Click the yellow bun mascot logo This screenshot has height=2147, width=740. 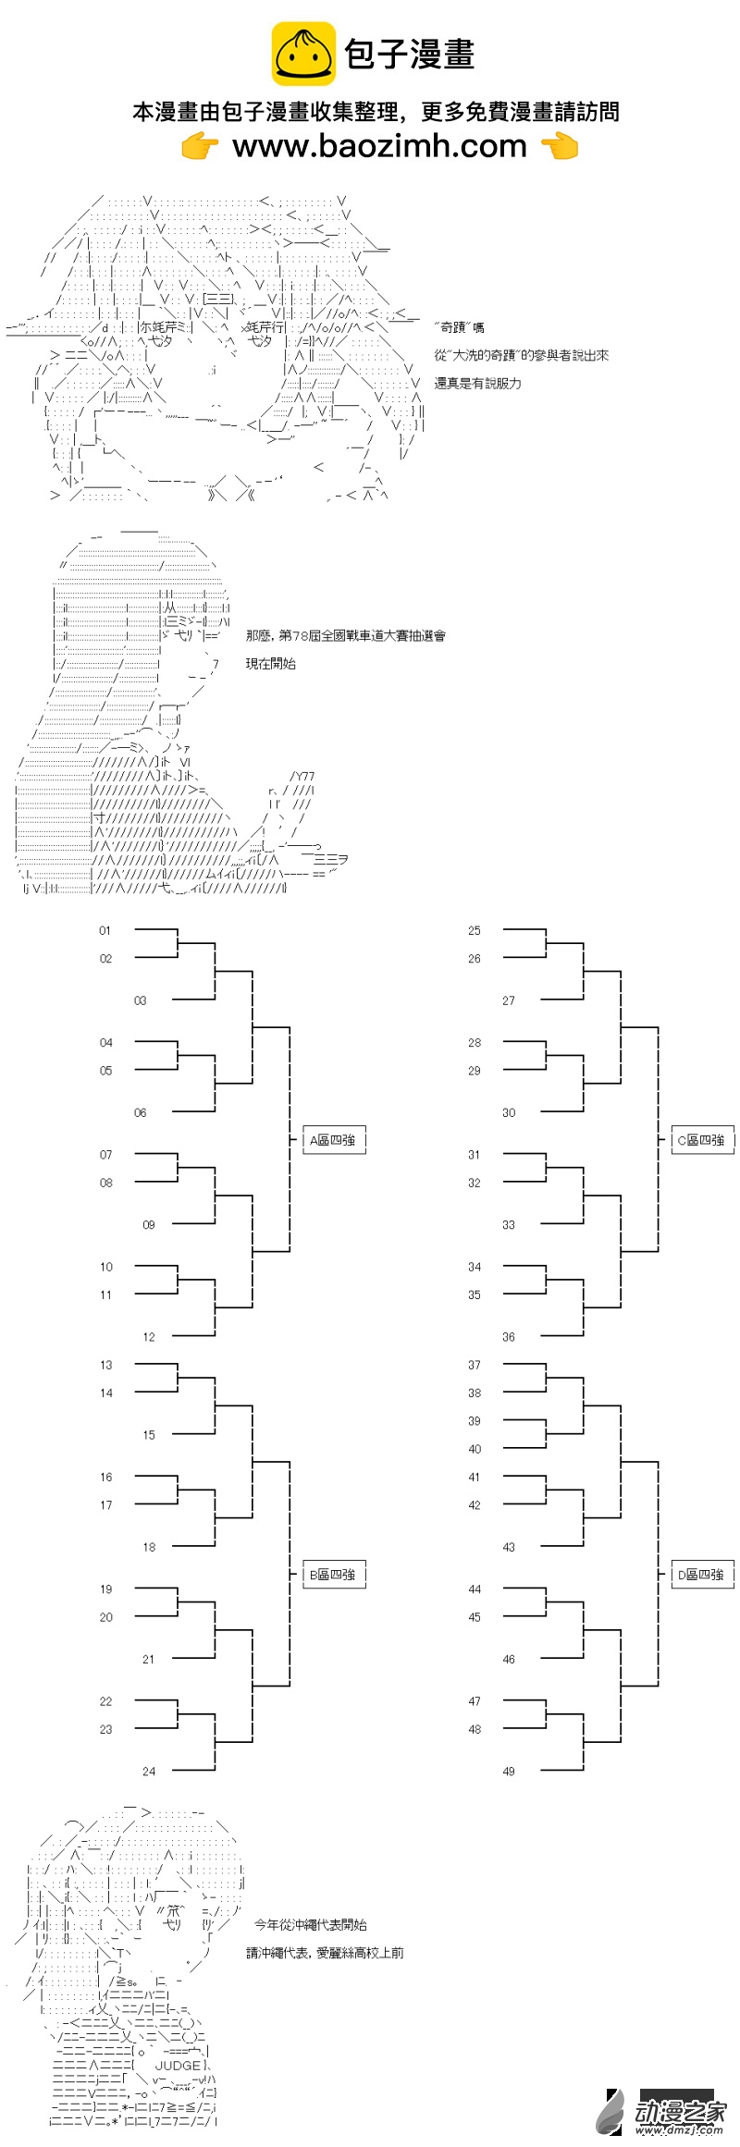pyautogui.click(x=302, y=55)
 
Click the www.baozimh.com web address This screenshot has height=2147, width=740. pyautogui.click(x=379, y=146)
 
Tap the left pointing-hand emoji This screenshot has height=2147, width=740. pyautogui.click(x=200, y=146)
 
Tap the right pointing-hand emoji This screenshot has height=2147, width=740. pyautogui.click(x=559, y=146)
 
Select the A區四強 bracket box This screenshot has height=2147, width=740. pyautogui.click(x=333, y=1140)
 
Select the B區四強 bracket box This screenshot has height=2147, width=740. pyautogui.click(x=333, y=1574)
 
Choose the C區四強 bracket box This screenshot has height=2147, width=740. pyautogui.click(x=701, y=1140)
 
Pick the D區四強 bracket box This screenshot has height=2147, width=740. pyautogui.click(x=701, y=1574)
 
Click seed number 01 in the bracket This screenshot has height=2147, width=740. pyautogui.click(x=105, y=930)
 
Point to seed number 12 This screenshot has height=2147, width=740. pyautogui.click(x=149, y=1337)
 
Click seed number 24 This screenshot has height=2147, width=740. pyautogui.click(x=149, y=1771)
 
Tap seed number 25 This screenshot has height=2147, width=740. pyautogui.click(x=475, y=930)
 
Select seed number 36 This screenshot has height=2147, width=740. pyautogui.click(x=509, y=1337)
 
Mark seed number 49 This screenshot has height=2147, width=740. pyautogui.click(x=509, y=1771)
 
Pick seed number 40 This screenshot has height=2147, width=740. pyautogui.click(x=475, y=1449)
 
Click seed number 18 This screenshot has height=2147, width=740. pyautogui.click(x=149, y=1547)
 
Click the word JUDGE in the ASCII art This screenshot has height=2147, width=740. pyautogui.click(x=179, y=2065)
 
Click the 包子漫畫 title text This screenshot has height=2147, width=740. pyautogui.click(x=410, y=55)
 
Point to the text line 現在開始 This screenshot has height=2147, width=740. pyautogui.click(x=271, y=663)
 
